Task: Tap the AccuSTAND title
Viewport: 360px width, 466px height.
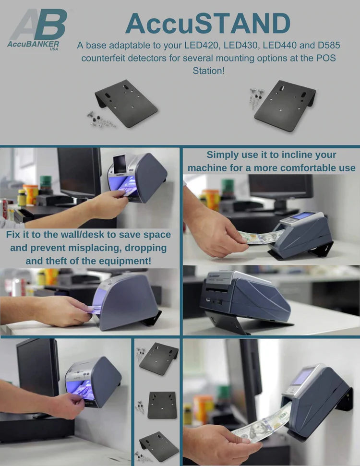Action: [x=208, y=23]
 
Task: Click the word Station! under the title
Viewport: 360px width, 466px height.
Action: [x=208, y=71]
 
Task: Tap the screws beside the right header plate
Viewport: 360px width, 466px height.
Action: [x=255, y=98]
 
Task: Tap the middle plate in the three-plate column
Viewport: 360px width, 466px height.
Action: [x=162, y=404]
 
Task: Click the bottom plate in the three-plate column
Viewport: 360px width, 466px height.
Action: [x=159, y=446]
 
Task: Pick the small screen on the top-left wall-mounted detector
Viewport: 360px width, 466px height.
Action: [x=120, y=164]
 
